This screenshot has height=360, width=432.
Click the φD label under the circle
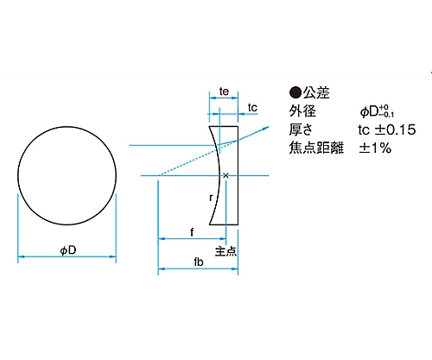[x=67, y=250]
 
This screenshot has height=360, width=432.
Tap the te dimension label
[x=223, y=90]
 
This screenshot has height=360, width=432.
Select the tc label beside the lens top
[x=253, y=107]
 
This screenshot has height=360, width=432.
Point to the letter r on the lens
[x=211, y=198]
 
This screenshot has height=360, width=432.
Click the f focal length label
[x=190, y=231]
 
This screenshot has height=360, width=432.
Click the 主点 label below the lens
[x=225, y=249]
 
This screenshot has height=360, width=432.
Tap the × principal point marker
[x=226, y=176]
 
